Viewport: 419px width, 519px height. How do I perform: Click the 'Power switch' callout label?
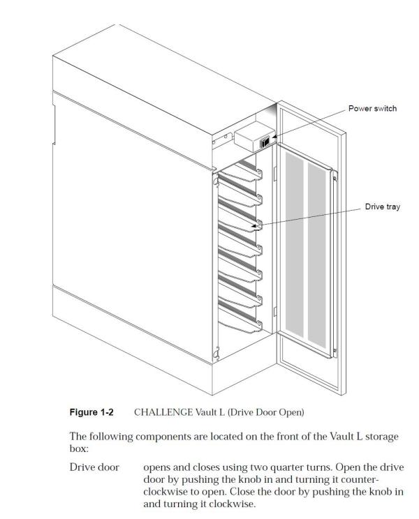pyautogui.click(x=373, y=109)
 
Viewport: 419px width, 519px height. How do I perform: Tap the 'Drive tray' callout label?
pyautogui.click(x=383, y=207)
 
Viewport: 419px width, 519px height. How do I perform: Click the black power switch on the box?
pyautogui.click(x=265, y=142)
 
